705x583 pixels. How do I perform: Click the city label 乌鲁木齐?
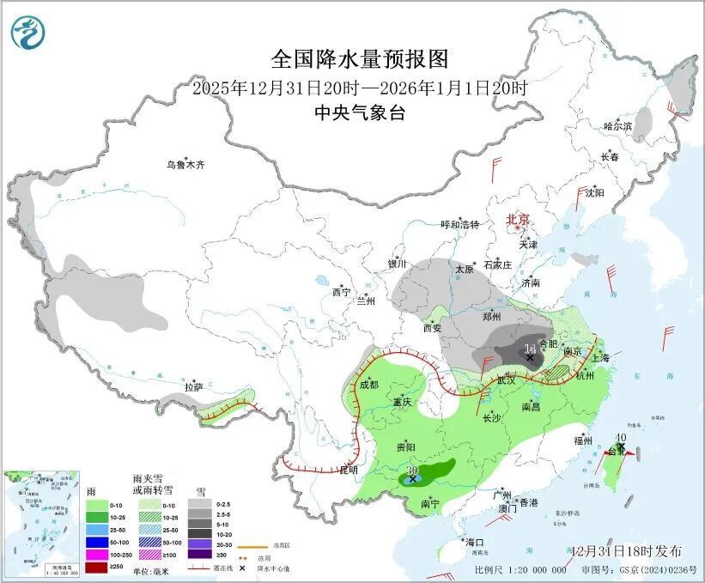[186, 164]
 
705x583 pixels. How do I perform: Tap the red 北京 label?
[519, 219]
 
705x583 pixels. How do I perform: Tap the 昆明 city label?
[349, 471]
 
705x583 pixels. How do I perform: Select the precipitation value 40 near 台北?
[621, 436]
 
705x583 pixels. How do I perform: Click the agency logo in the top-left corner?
[28, 32]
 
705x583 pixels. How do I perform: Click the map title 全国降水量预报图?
[360, 58]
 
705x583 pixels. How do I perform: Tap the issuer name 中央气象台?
[360, 113]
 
